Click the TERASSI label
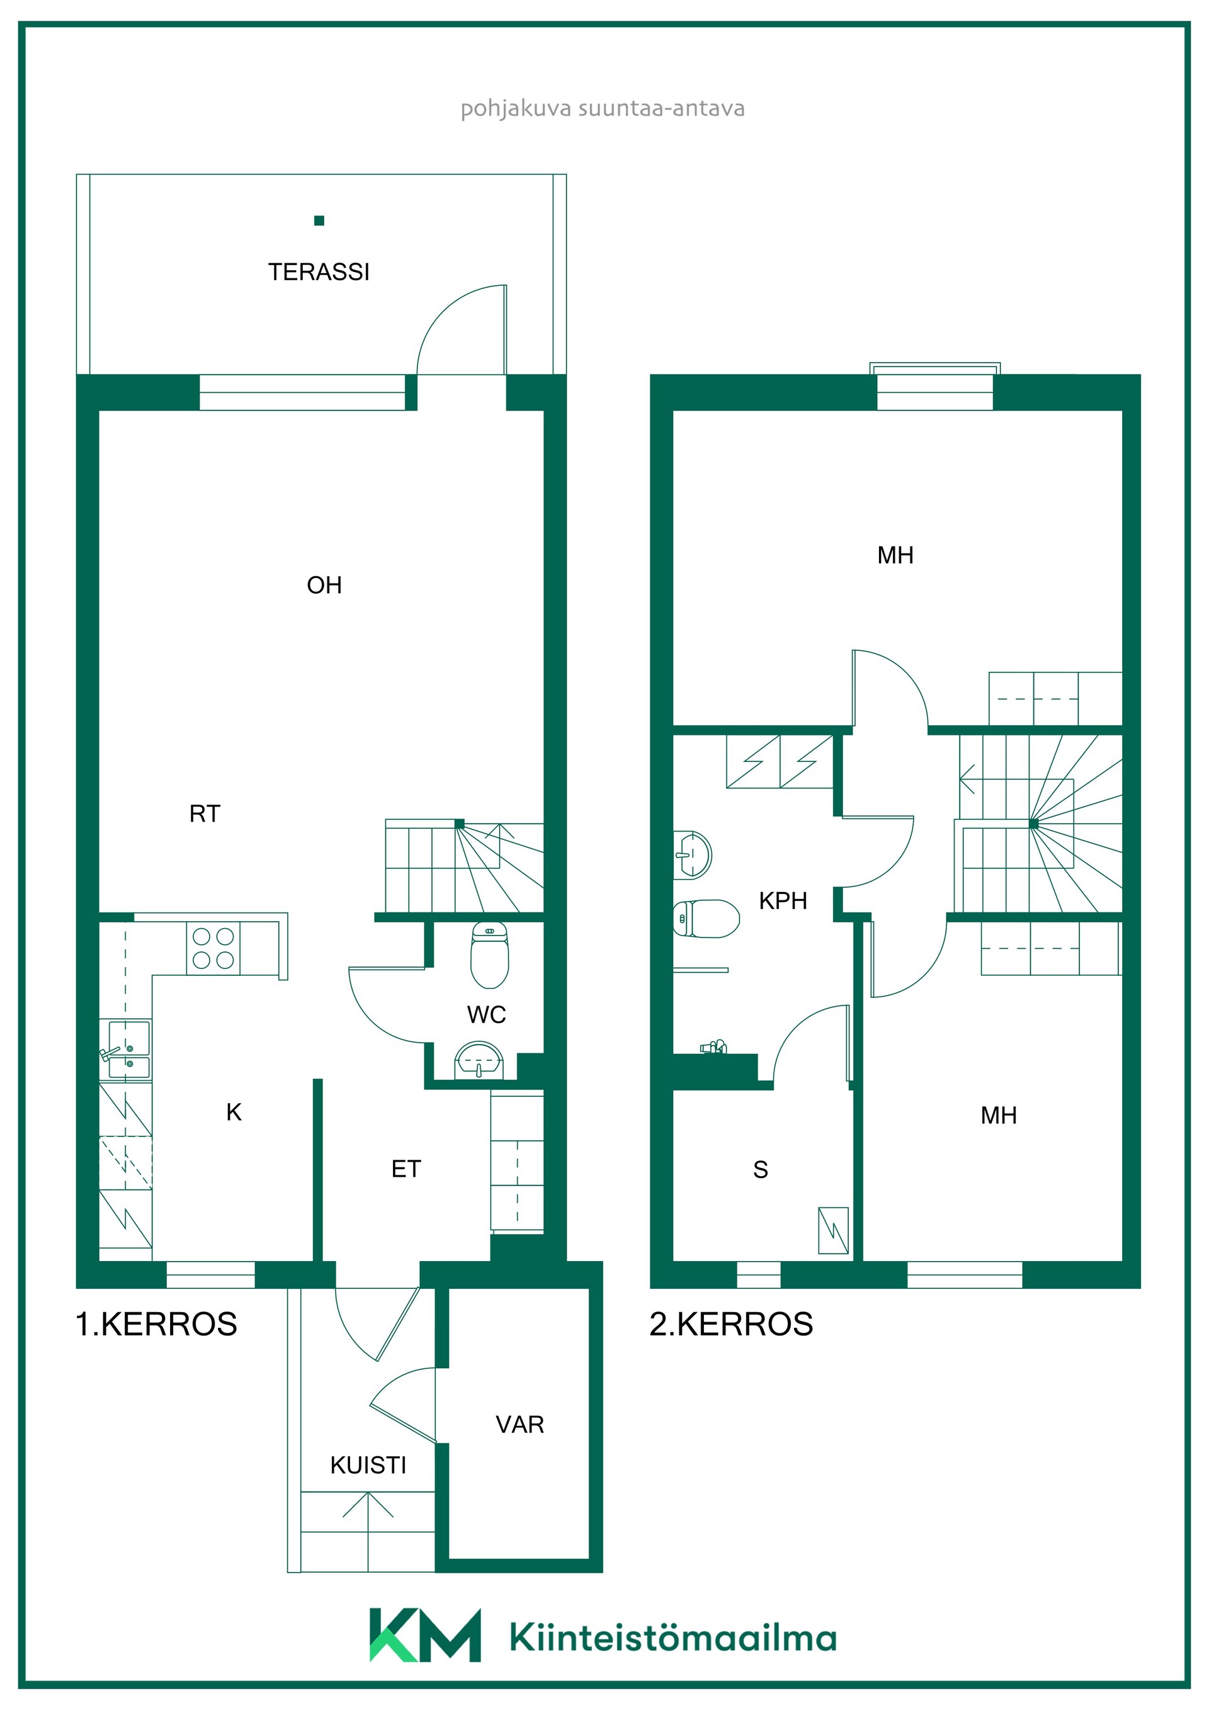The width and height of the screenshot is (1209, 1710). point(319,272)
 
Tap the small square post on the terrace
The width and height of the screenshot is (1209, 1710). point(319,220)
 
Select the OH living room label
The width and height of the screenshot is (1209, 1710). point(324,586)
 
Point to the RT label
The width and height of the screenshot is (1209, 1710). point(205,813)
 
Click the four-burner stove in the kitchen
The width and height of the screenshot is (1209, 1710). point(213,948)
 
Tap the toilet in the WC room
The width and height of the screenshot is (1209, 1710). point(489,956)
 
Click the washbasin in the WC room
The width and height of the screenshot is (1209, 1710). point(479,1060)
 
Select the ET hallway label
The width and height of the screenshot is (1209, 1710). point(406,1169)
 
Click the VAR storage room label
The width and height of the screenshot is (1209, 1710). point(520,1425)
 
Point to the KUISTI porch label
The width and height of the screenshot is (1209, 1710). point(368,1466)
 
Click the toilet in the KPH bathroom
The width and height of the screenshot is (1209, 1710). point(706,919)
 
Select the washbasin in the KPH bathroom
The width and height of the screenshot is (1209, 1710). point(693,855)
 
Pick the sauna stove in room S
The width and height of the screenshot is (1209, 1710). point(833,1230)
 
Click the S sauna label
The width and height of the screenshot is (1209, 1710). point(761,1170)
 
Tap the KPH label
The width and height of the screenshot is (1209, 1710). point(783,901)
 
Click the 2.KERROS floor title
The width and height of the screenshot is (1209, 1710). point(731,1324)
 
